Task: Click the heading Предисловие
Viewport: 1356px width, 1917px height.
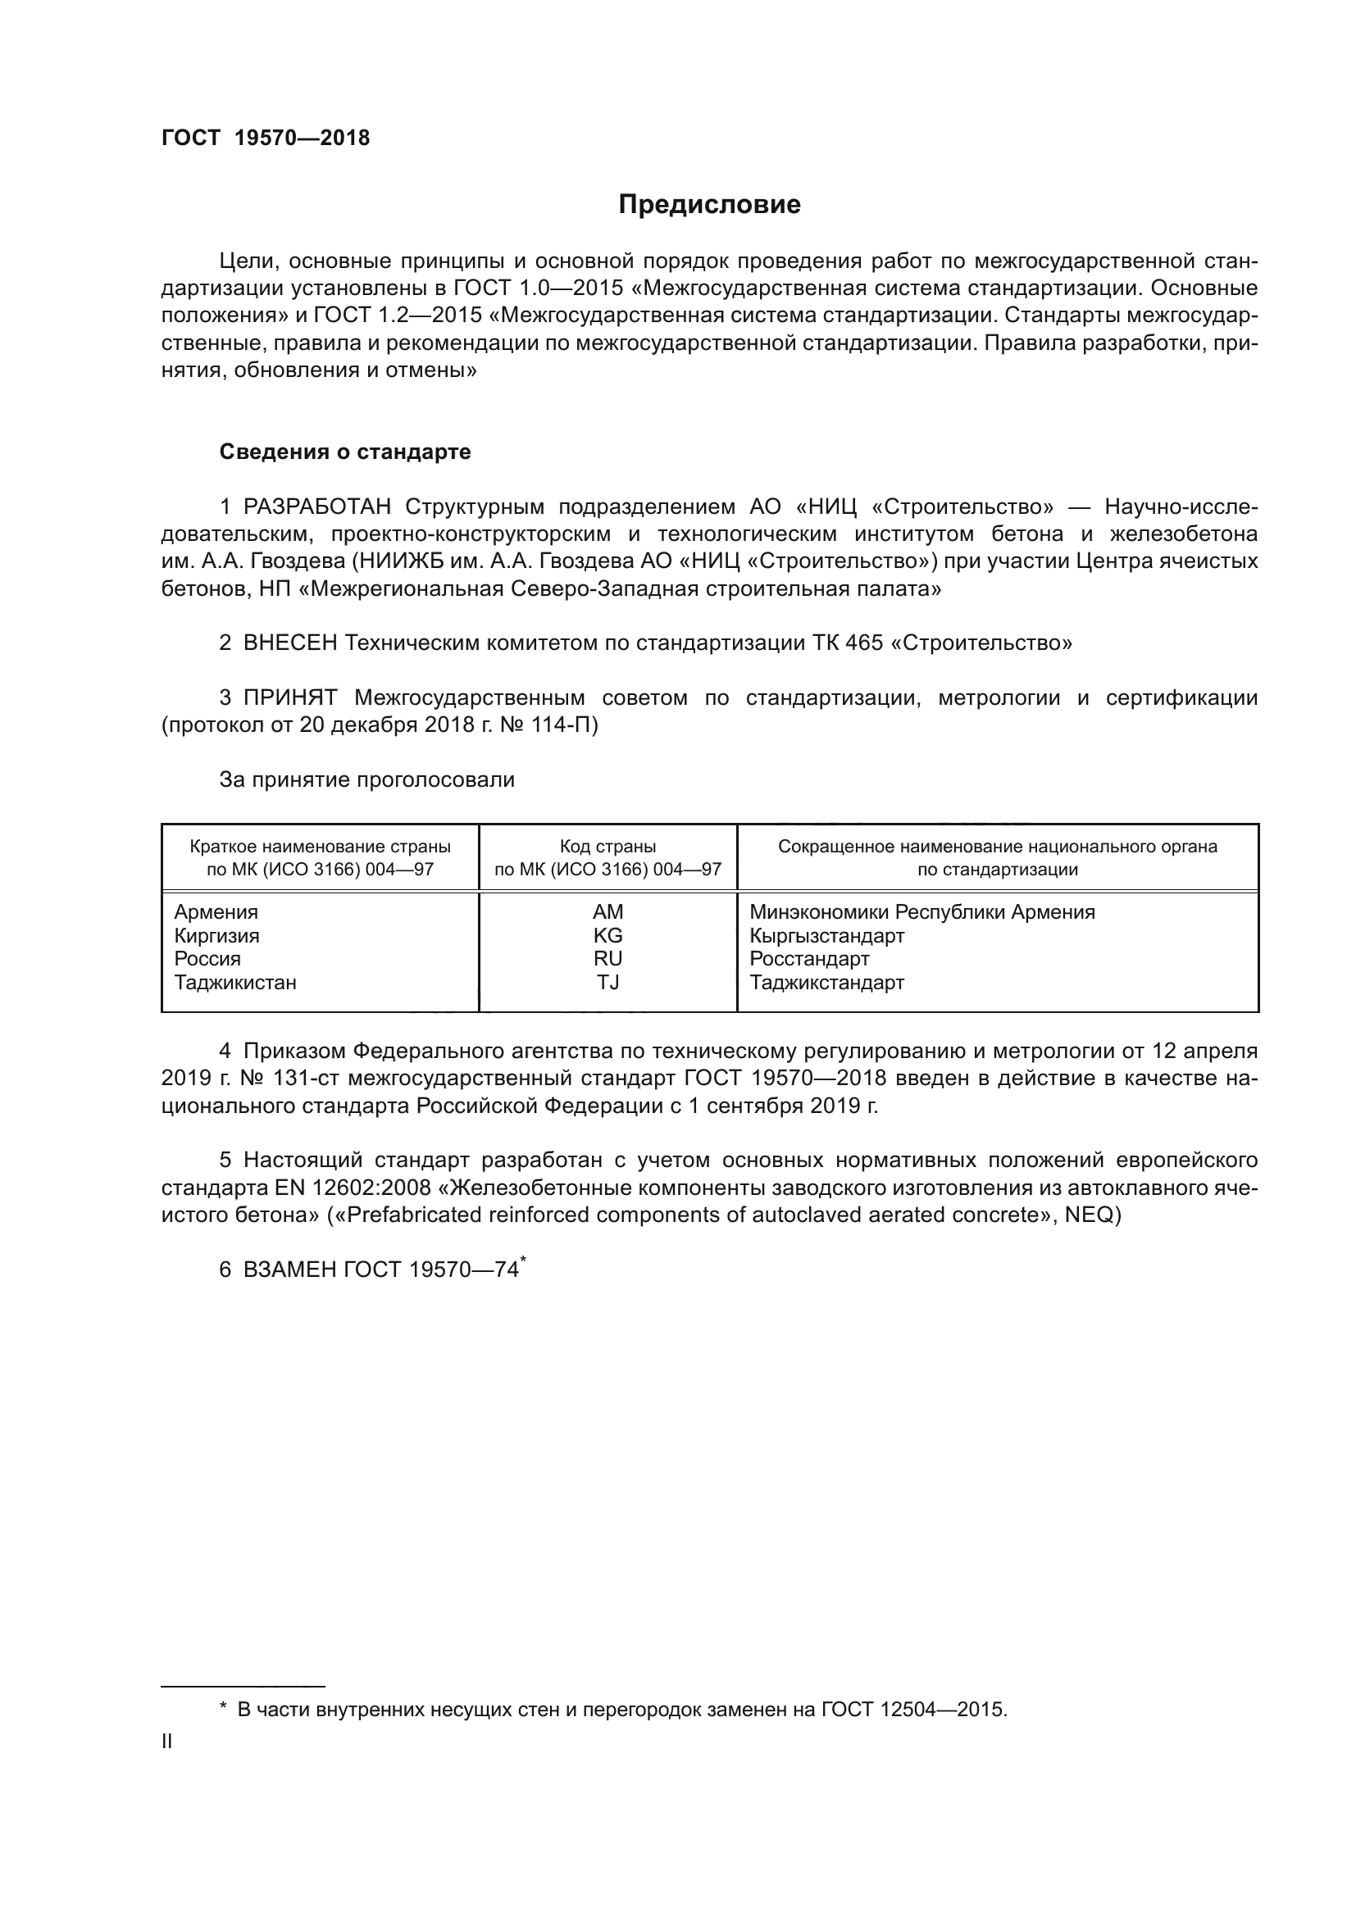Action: [x=709, y=205]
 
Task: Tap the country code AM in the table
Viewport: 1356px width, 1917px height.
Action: [x=607, y=911]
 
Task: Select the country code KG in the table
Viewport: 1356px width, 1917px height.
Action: [x=607, y=935]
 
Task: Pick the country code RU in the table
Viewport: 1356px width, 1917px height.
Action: [x=607, y=959]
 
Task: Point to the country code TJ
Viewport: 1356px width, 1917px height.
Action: [x=607, y=982]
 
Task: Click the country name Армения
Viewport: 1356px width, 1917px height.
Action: [x=216, y=911]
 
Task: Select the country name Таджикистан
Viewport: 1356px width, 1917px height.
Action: [x=235, y=982]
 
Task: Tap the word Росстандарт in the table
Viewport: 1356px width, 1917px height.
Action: [x=809, y=959]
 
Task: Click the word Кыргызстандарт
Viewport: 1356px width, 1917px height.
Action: [x=826, y=935]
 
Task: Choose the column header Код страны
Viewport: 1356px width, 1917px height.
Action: [x=607, y=847]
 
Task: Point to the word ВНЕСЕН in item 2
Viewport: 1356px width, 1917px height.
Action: [x=290, y=643]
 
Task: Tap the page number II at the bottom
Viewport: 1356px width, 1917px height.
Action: [x=167, y=1742]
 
